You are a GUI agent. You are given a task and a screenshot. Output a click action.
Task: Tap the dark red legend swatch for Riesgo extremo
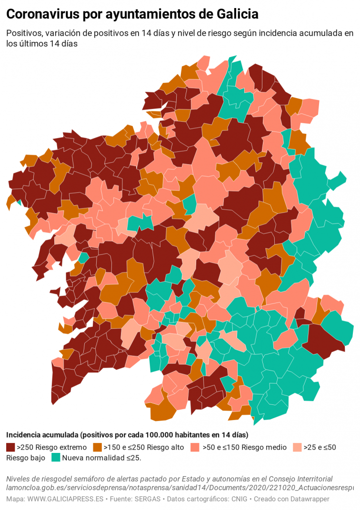click(x=10, y=447)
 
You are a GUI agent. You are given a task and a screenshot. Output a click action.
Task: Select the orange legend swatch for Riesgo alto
click(x=97, y=447)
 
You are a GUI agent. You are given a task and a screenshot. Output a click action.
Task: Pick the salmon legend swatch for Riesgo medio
click(x=194, y=447)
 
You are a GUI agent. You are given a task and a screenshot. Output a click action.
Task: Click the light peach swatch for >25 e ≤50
click(x=297, y=447)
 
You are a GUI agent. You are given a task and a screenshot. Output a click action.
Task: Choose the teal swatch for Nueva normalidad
click(x=56, y=458)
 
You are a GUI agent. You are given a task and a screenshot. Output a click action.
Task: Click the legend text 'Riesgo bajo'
click(x=26, y=458)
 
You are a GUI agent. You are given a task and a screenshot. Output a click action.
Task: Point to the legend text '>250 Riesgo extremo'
click(x=51, y=447)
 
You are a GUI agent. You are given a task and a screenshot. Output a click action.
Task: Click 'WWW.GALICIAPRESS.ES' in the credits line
click(x=65, y=499)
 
